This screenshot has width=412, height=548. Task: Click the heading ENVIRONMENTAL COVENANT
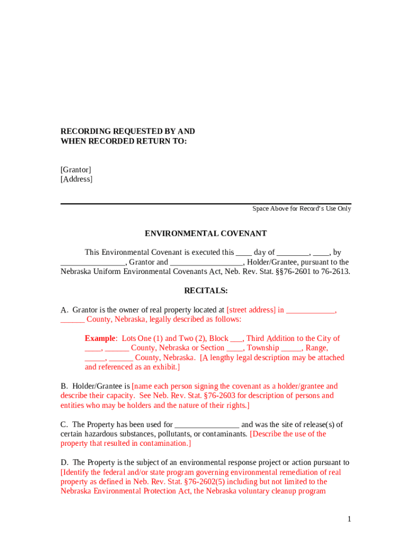(x=205, y=234)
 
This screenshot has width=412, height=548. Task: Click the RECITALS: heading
(x=206, y=291)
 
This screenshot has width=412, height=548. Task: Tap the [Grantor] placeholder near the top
(x=75, y=170)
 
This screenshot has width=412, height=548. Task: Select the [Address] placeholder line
(x=77, y=179)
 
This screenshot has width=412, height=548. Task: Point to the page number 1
(x=349, y=519)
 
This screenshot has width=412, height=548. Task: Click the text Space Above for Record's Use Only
(x=302, y=209)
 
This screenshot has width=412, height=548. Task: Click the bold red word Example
(x=100, y=338)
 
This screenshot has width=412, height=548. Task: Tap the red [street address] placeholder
(x=251, y=310)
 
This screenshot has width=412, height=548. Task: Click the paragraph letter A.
(x=64, y=310)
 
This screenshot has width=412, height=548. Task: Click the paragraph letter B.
(x=64, y=386)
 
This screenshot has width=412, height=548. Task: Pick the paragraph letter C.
(x=64, y=424)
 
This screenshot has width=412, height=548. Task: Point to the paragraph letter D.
(x=64, y=462)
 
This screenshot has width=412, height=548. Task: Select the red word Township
(x=264, y=348)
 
